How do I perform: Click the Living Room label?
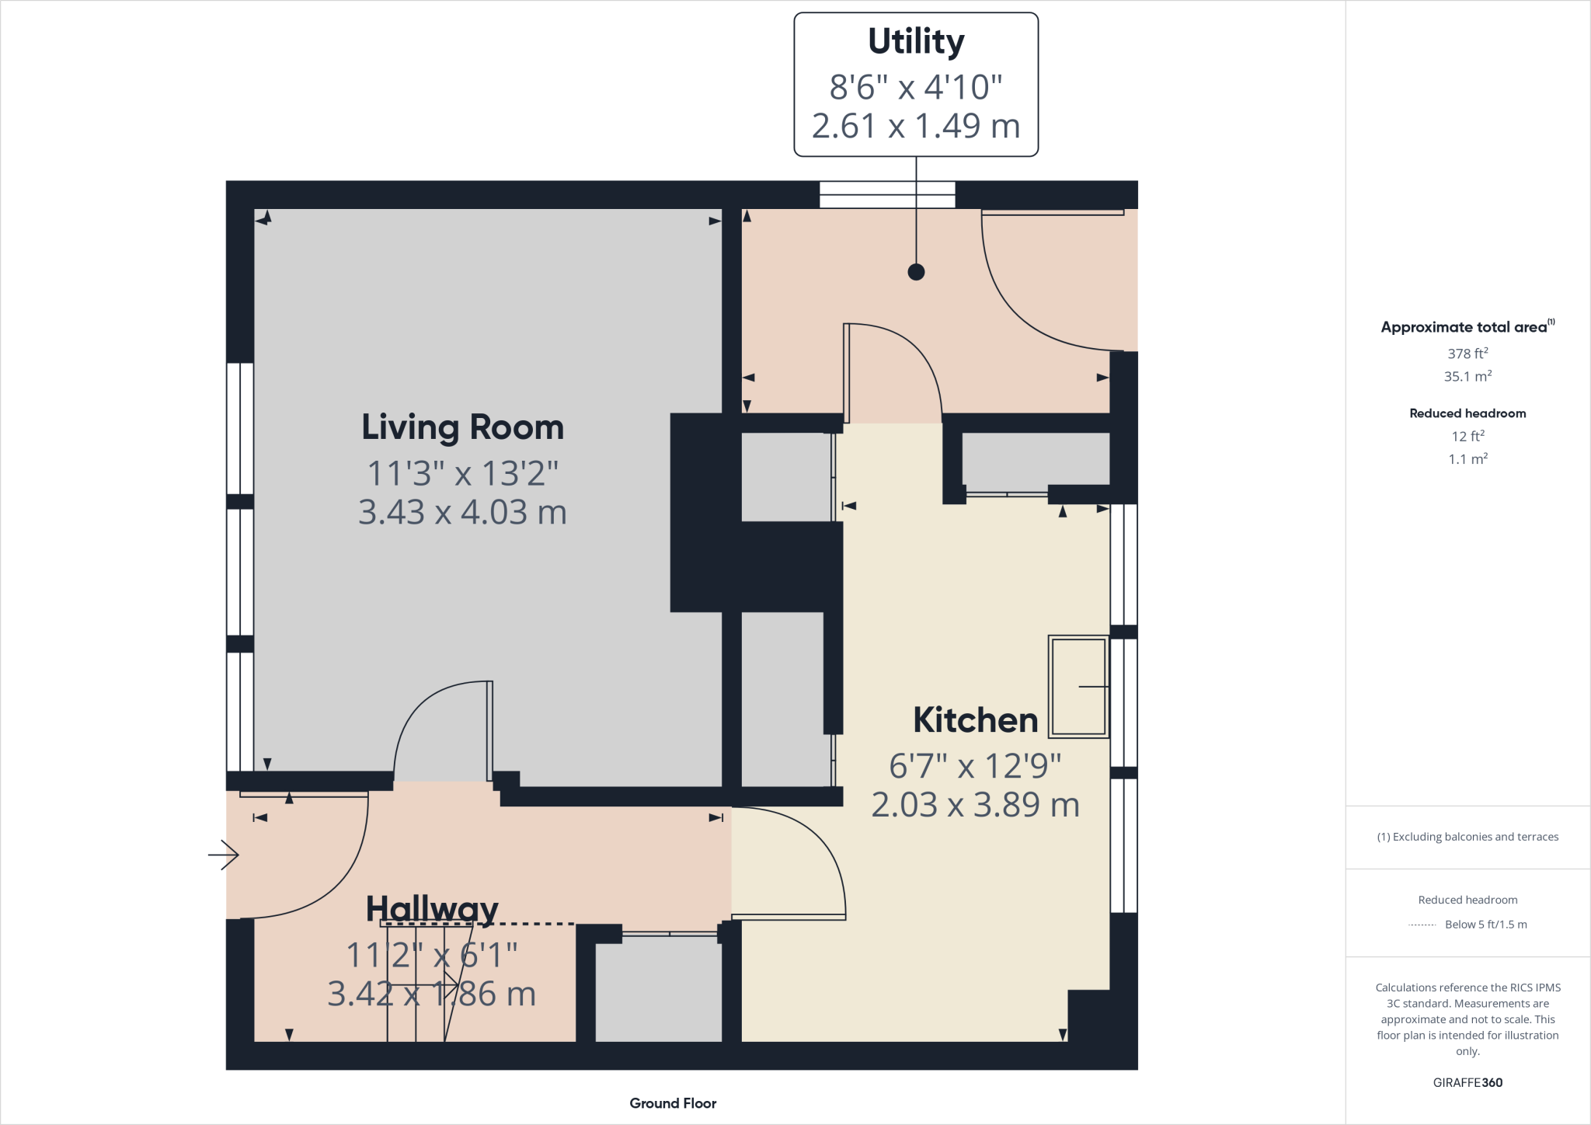[462, 427]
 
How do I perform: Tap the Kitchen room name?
[975, 720]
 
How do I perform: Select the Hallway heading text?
[432, 908]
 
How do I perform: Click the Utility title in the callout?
[916, 41]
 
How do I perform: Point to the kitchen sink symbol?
[1078, 687]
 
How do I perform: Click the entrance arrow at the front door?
[224, 855]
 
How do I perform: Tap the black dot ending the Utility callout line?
[916, 272]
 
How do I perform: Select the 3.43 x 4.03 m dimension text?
[462, 512]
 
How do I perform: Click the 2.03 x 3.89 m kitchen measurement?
[975, 805]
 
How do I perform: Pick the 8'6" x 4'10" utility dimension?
[916, 87]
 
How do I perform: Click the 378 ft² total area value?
[1467, 354]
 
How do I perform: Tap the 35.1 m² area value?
[1467, 377]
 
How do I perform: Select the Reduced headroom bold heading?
[1467, 413]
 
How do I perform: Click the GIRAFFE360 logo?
[1467, 1082]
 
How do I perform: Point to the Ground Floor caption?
[673, 1103]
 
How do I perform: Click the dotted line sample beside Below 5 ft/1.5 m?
[1422, 925]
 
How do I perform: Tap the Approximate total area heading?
[1464, 327]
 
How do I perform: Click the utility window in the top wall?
[886, 194]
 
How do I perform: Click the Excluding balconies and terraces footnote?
[1467, 837]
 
